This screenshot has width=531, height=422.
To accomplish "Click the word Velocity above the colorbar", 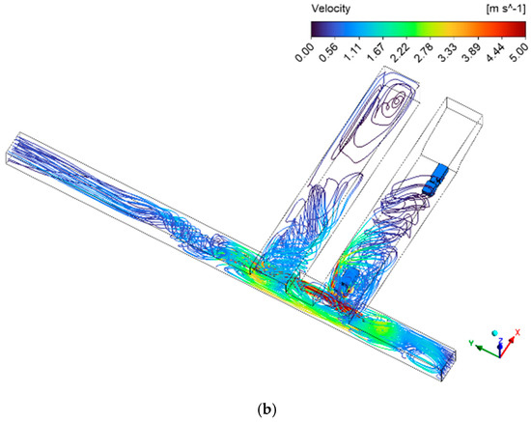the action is pos(330,9).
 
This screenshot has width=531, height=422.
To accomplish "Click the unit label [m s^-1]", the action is pos(505,9).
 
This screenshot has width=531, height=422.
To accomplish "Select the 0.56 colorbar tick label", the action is pos(328,53).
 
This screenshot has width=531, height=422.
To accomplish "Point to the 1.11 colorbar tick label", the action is pos(352,53).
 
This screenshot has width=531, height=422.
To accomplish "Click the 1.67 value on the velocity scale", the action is pos(376,53).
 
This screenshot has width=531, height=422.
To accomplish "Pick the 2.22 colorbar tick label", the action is pos(400,53).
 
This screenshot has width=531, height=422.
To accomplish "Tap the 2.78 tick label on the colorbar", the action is pos(423,53).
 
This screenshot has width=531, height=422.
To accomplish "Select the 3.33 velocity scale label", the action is pos(447,53).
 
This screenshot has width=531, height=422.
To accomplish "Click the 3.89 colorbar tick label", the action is pos(471,53).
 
